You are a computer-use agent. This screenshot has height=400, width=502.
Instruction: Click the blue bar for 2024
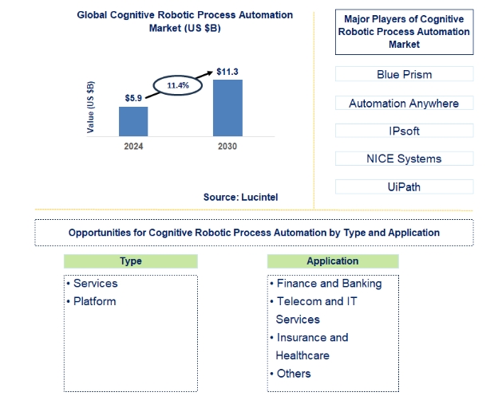coord(133,121)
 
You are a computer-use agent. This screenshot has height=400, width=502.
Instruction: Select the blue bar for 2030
coord(227,108)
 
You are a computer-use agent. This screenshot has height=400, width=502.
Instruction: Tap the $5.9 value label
coord(133,98)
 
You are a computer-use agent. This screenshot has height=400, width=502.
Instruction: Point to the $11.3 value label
coord(227,72)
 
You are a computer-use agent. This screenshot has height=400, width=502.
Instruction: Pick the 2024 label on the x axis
coord(133,147)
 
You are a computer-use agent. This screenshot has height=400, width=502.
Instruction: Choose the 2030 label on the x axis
coord(227,147)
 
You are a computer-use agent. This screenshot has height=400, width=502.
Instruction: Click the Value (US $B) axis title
coord(90,107)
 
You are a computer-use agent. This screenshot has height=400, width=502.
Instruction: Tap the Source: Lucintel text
coord(240,198)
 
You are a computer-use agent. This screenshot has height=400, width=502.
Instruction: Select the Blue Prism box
coord(405,74)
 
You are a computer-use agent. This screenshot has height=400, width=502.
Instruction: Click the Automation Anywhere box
coord(405,103)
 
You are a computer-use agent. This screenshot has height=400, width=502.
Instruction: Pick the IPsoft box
coord(405,131)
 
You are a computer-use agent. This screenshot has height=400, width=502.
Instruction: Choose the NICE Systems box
coord(405,159)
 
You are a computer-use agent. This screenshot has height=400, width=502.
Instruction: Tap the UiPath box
coord(405,186)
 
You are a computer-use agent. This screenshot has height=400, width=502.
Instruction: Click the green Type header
coord(131,261)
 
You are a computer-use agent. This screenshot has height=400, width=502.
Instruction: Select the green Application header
coord(333,261)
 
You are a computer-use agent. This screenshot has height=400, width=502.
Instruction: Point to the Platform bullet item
coord(92,301)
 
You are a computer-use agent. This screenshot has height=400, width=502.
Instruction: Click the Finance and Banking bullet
coord(326,284)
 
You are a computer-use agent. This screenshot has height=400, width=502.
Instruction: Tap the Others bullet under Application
coord(291,374)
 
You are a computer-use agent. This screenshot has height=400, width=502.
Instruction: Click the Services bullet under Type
coord(93,284)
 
